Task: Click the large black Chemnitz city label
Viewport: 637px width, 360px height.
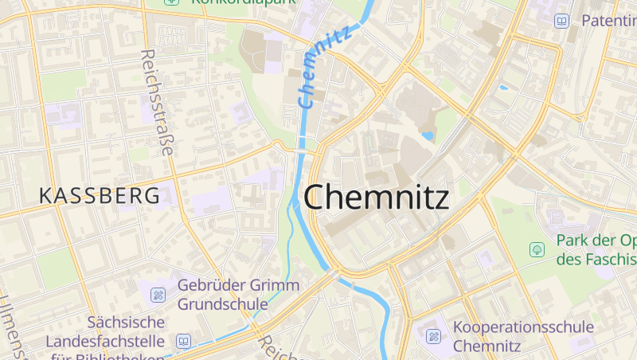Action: click(376, 198)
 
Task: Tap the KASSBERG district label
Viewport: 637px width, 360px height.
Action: click(99, 196)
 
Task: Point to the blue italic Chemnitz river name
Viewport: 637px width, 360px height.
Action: click(324, 68)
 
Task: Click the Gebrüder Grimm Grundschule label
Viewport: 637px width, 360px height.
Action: click(238, 294)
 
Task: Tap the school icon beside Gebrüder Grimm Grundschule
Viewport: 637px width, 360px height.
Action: click(158, 295)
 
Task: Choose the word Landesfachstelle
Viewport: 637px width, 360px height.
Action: click(105, 342)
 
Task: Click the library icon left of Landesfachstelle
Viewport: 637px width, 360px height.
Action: click(183, 342)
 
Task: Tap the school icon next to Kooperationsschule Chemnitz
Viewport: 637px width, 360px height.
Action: click(433, 337)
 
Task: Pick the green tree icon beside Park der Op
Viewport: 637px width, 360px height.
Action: click(537, 250)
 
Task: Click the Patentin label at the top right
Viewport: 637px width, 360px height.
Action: click(608, 20)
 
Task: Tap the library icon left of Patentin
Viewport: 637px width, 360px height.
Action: click(562, 21)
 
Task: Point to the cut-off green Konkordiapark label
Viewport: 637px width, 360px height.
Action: click(243, 2)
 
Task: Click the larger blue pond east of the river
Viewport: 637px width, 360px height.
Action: click(428, 135)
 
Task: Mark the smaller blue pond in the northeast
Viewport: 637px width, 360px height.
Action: click(503, 87)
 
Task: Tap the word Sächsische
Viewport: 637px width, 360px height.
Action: click(127, 323)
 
